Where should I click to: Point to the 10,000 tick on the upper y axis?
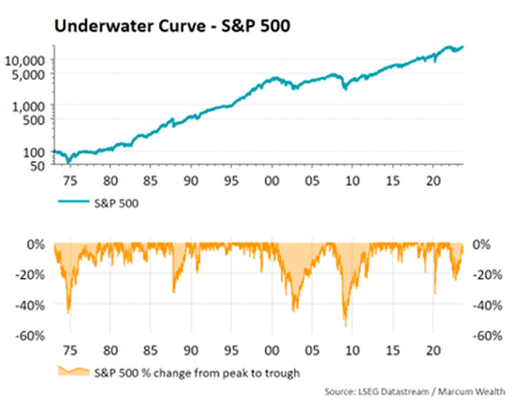click(29, 60)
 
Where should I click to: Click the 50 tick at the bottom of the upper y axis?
click(39, 166)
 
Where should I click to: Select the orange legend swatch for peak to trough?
click(71, 373)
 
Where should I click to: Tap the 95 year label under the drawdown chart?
click(230, 350)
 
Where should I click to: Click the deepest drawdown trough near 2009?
click(345, 326)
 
